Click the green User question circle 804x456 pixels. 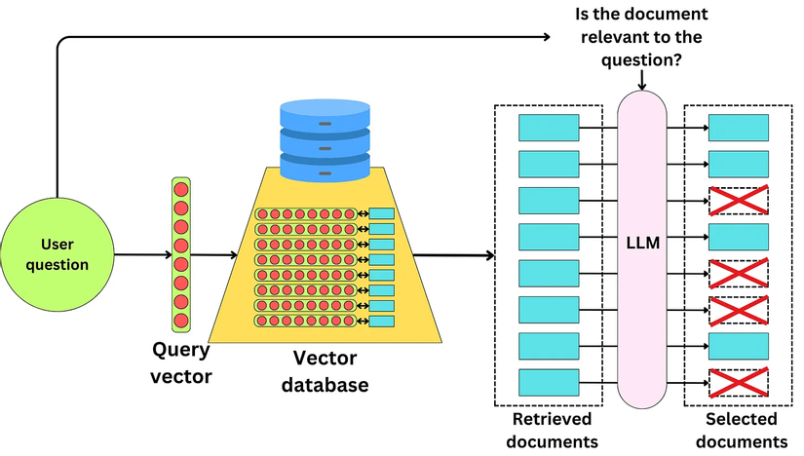point(57,255)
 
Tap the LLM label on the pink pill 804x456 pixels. point(644,244)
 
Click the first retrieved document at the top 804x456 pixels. point(548,127)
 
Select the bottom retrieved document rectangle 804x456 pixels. point(548,381)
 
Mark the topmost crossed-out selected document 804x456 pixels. point(738,200)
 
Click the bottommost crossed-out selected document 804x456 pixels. point(738,381)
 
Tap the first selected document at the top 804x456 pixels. point(738,127)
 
